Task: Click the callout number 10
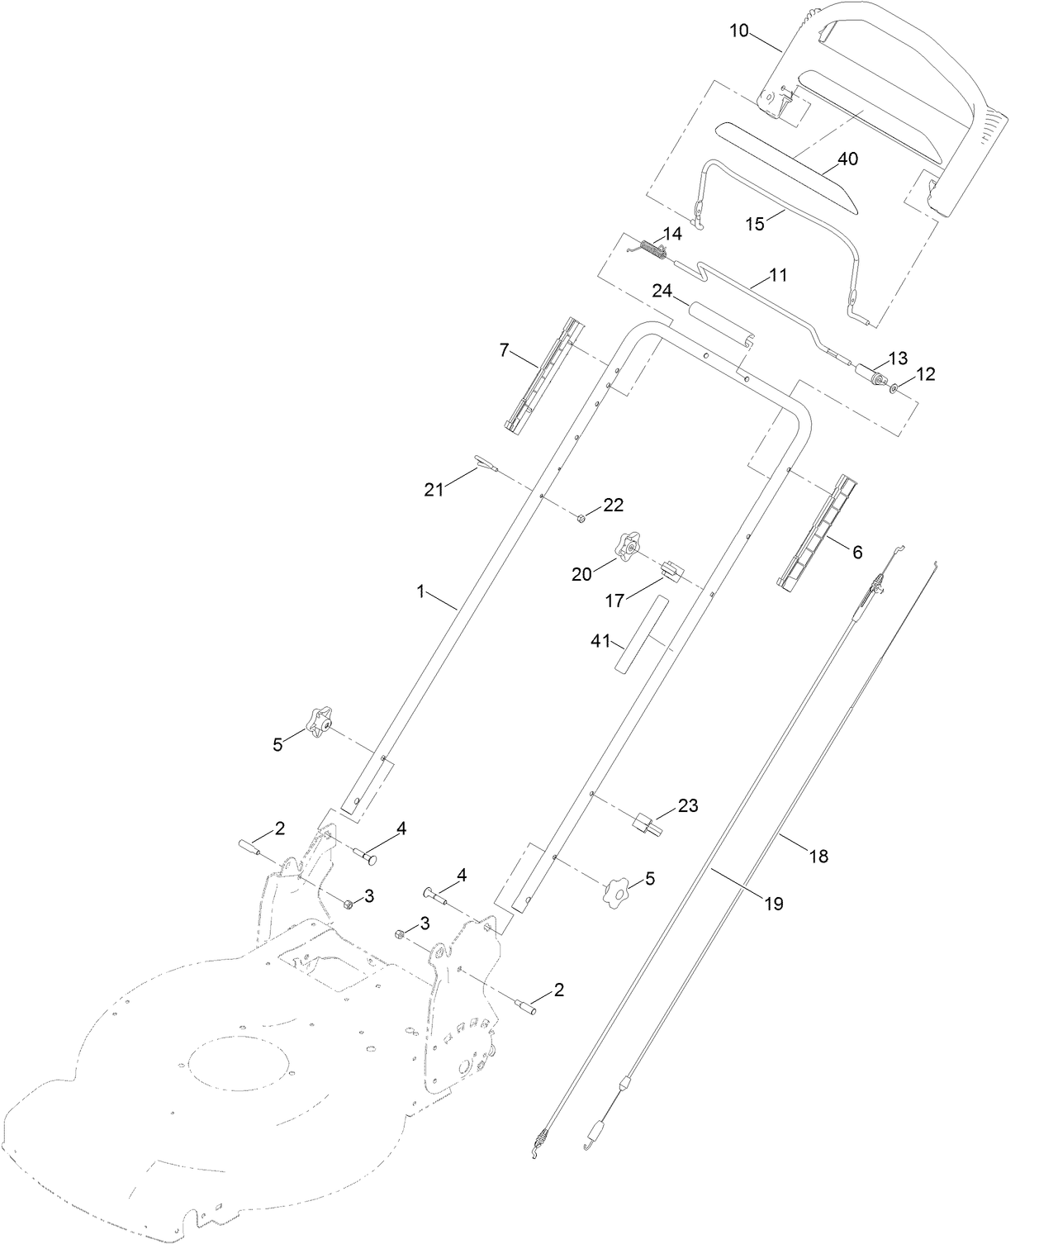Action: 738,31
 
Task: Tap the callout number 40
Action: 847,159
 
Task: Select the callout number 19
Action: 772,904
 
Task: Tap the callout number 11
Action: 778,275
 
